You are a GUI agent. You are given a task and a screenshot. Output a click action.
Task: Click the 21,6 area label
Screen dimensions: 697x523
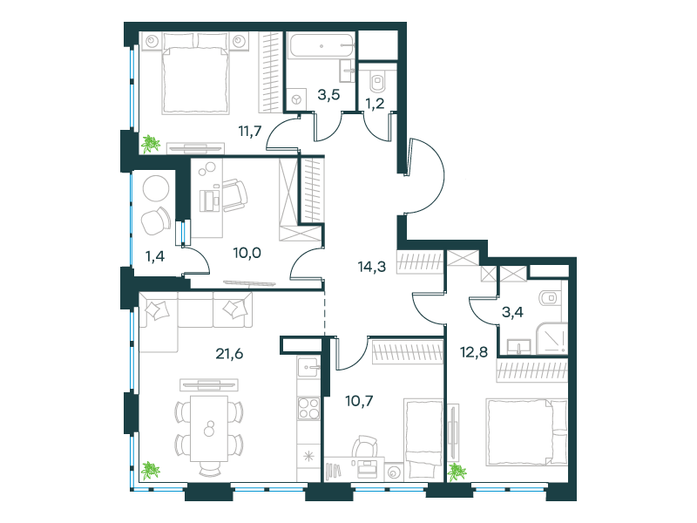(x=229, y=354)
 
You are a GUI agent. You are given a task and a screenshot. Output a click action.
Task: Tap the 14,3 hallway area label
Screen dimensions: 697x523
(x=372, y=267)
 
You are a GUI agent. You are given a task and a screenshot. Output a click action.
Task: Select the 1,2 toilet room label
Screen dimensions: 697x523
(x=375, y=103)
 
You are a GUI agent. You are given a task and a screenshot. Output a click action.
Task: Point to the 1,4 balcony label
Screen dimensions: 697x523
(x=155, y=256)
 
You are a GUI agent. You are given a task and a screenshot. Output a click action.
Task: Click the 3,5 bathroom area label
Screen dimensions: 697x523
(x=328, y=95)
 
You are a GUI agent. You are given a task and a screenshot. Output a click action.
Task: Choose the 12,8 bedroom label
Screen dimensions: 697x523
(x=474, y=352)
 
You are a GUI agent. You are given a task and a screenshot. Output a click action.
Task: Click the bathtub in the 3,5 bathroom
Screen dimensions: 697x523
(x=321, y=45)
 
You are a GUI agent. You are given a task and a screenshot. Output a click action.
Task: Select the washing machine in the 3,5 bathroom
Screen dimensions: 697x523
(x=296, y=98)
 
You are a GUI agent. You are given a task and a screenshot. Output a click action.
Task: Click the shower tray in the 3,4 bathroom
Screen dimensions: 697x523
(x=552, y=338)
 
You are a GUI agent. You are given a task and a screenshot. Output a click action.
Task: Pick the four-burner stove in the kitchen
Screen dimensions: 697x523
(x=308, y=408)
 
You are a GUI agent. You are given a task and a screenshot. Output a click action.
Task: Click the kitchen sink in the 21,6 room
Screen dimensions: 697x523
(x=308, y=368)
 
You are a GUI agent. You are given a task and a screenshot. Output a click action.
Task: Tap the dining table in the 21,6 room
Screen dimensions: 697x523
(x=209, y=429)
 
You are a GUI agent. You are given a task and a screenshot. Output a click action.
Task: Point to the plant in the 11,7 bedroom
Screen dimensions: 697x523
(x=151, y=144)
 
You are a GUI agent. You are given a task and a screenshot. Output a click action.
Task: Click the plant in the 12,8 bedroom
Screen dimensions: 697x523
(x=457, y=472)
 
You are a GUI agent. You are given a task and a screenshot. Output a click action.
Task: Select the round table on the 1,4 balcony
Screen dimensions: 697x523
(x=156, y=189)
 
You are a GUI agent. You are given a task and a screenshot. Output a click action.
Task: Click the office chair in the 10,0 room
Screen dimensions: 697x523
(x=234, y=195)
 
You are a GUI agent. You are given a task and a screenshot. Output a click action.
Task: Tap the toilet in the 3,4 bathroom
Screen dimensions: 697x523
(x=551, y=297)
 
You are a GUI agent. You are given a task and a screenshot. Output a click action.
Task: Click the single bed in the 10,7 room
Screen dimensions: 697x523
(x=423, y=439)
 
